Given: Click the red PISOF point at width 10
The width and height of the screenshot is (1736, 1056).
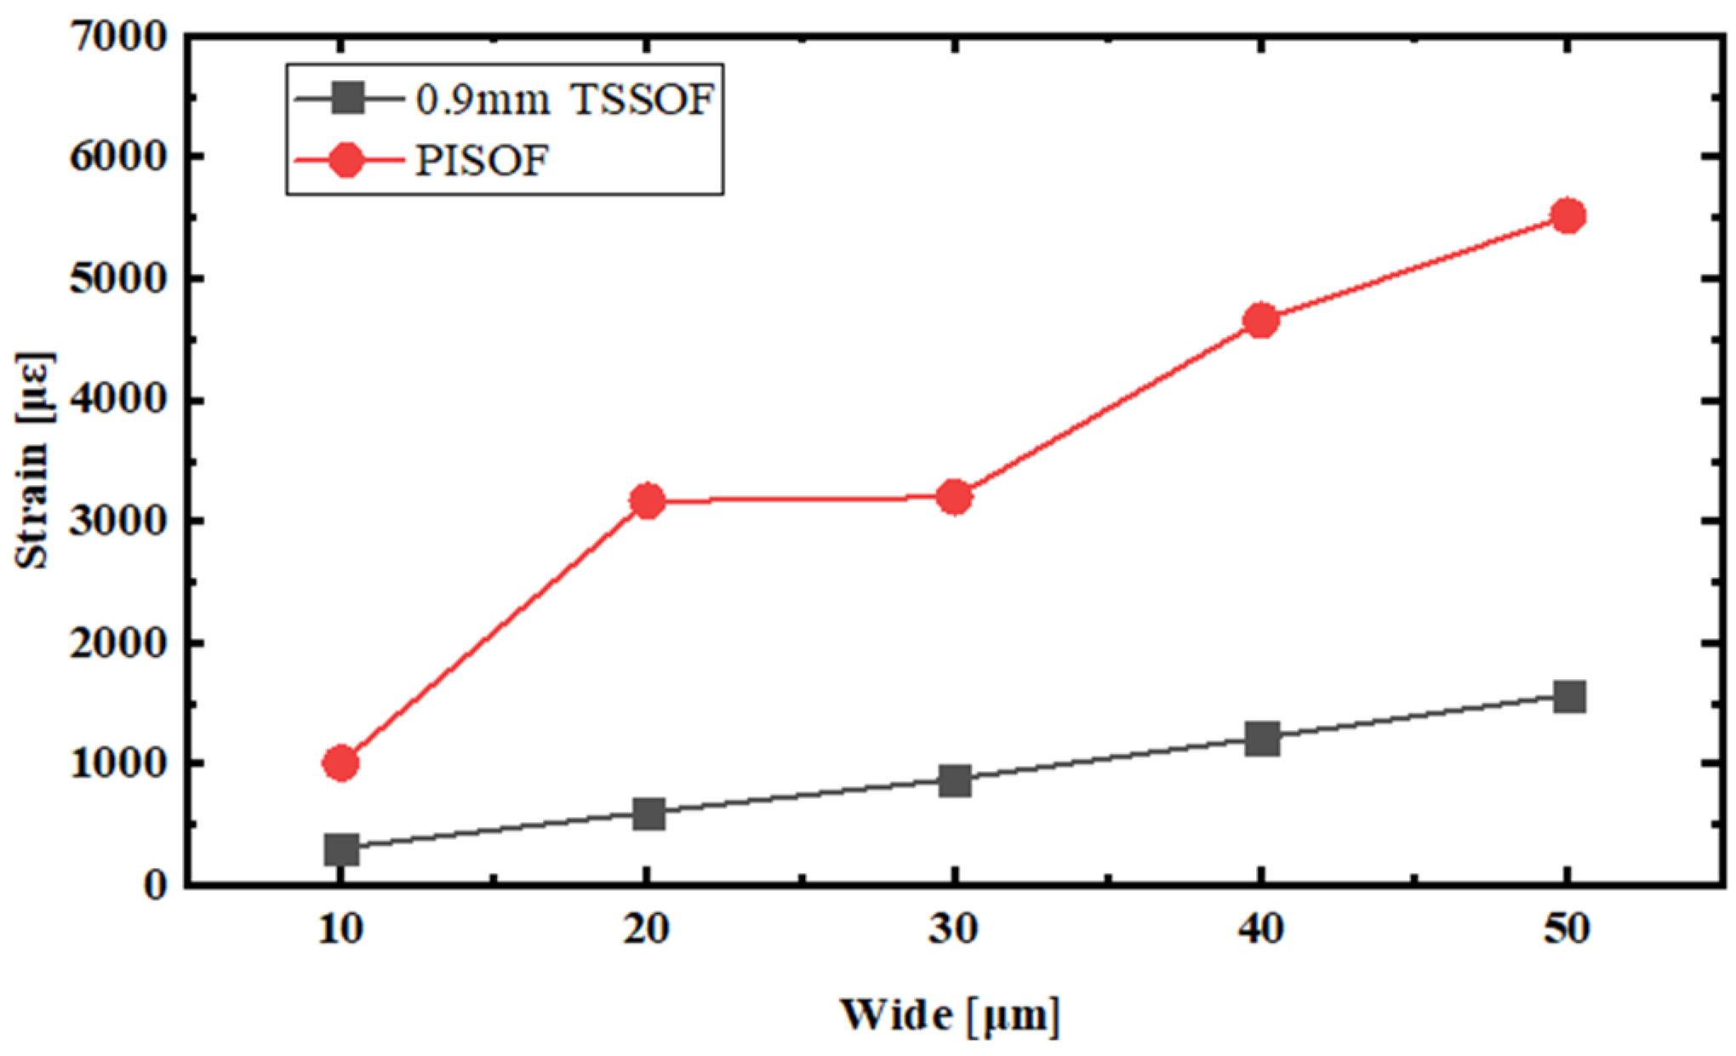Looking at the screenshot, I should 340,762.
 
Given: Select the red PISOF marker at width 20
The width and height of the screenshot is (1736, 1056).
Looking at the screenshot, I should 648,500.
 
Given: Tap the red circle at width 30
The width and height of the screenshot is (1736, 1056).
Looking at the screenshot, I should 954,497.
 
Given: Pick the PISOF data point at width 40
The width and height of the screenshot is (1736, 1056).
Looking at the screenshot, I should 1261,320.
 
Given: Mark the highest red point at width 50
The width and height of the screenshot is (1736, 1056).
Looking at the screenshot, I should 1568,215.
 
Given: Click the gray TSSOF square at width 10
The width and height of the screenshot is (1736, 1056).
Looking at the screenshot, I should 340,848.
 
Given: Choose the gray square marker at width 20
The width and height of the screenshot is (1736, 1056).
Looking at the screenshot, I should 648,813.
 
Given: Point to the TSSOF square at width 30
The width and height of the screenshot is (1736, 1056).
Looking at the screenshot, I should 955,779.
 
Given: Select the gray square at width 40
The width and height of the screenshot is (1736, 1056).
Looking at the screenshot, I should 1261,738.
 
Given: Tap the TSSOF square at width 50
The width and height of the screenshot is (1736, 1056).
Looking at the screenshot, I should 1568,697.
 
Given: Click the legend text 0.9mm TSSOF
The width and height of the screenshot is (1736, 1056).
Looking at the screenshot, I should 564,100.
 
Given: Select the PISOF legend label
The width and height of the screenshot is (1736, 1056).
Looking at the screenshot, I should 482,160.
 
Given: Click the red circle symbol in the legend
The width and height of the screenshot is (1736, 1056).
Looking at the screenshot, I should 346,159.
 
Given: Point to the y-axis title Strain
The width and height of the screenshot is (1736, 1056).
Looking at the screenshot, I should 34,460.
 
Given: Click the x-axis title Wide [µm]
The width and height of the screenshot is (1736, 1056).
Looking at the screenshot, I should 950,1014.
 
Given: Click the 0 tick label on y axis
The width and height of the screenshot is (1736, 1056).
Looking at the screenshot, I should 155,886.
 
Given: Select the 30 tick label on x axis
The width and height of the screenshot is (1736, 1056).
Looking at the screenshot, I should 953,928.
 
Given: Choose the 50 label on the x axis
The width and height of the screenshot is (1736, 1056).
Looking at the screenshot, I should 1567,928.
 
